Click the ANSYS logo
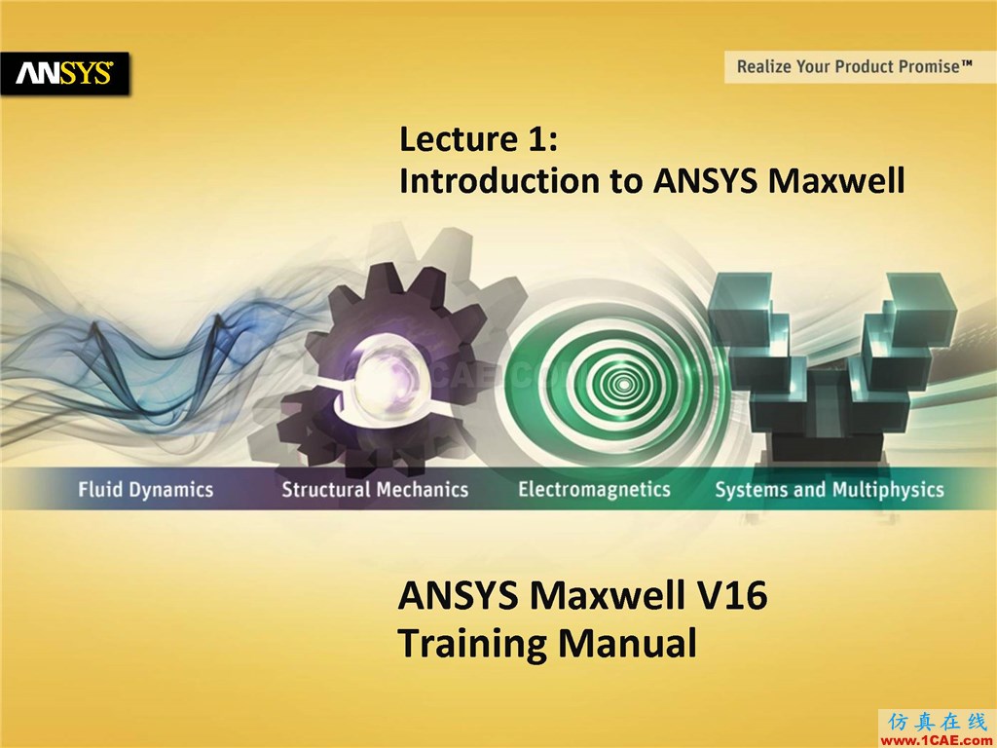(x=64, y=74)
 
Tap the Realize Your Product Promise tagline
(x=855, y=67)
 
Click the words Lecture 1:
(x=478, y=138)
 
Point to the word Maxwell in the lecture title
(x=835, y=180)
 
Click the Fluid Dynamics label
(x=146, y=489)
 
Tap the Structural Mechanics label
(x=375, y=489)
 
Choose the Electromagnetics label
(x=594, y=489)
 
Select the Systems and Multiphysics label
(x=830, y=489)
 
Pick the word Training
(x=471, y=644)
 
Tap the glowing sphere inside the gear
(x=386, y=376)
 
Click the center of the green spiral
(x=623, y=384)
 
